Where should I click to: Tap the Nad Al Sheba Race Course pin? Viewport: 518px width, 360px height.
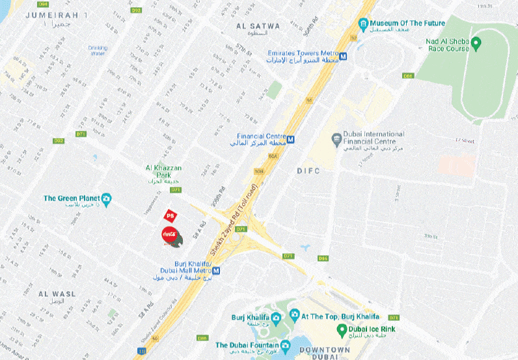coord(476,44)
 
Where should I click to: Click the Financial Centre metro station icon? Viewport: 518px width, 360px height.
coord(291,139)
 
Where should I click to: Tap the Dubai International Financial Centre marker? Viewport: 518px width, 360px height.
coord(336,138)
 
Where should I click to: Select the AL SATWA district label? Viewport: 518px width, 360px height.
coord(258,26)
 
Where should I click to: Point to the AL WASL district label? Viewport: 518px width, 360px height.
coord(54,294)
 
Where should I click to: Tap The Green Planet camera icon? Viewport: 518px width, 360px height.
coord(106,198)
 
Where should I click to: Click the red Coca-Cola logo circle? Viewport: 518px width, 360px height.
coord(169,235)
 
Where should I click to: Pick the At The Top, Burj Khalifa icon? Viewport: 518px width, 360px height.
coord(294,317)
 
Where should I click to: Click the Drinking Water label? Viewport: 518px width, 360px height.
coord(98,50)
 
